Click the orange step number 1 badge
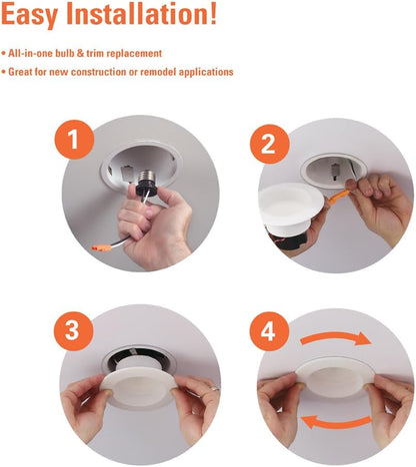(74, 140)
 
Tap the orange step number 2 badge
(270, 144)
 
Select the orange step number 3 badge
(73, 331)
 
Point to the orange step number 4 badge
(269, 331)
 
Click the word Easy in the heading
(30, 15)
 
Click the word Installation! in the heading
(142, 14)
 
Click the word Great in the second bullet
(20, 72)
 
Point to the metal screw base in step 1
(147, 177)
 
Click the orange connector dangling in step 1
(101, 247)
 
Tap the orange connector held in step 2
(338, 197)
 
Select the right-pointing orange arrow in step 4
(336, 338)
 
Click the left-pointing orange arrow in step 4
(336, 422)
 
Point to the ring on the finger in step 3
(214, 388)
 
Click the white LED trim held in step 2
(291, 205)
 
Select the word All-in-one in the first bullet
(30, 53)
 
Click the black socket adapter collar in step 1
(147, 190)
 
